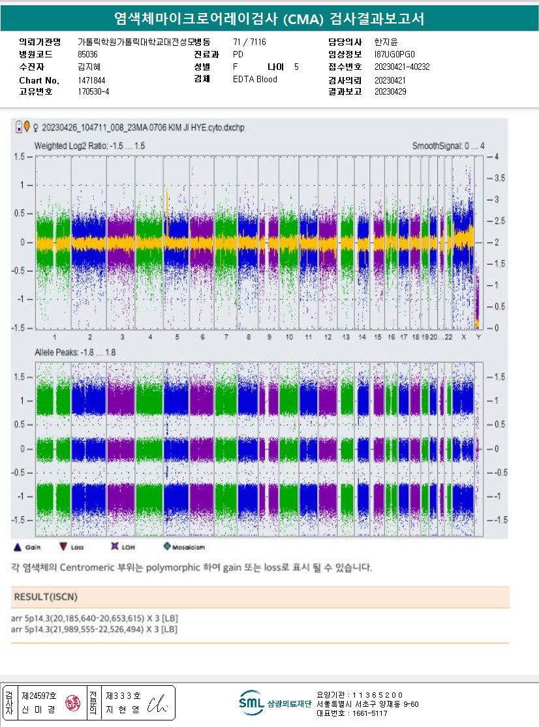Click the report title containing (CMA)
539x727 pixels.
[269, 18]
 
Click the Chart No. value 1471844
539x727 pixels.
[91, 80]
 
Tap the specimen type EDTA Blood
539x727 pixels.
[254, 80]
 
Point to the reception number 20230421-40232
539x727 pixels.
[402, 67]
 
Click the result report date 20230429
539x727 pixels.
[390, 92]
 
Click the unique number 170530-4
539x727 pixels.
[93, 92]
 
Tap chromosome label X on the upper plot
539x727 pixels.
[463, 337]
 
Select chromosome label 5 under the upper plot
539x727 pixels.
[176, 337]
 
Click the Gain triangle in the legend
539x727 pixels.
[18, 547]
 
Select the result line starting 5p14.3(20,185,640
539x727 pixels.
[95, 619]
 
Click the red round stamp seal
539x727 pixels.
[71, 704]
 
